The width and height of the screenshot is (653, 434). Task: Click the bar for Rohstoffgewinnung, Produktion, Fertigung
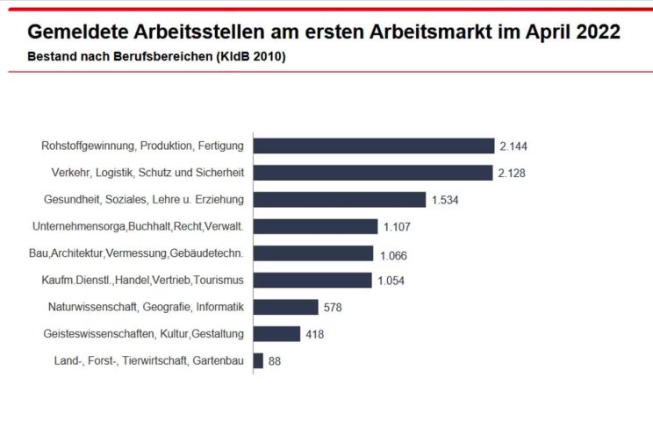[373, 146]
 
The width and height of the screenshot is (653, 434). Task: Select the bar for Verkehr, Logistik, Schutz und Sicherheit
[372, 173]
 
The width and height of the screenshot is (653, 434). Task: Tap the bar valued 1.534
[339, 200]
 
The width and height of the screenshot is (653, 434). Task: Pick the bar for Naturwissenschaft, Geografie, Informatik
[285, 307]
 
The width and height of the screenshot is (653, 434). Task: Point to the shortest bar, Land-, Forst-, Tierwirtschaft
[258, 360]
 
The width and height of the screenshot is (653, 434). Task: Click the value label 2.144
[513, 146]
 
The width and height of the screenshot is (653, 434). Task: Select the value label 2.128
[512, 173]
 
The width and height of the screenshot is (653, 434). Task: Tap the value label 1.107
[398, 227]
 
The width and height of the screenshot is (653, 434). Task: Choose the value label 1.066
[394, 254]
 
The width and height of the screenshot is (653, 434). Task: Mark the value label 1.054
[392, 281]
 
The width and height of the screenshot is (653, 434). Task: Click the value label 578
[332, 308]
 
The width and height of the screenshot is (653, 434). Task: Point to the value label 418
[314, 334]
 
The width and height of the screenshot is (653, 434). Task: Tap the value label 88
[275, 361]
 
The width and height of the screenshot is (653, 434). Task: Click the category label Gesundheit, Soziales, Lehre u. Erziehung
[144, 200]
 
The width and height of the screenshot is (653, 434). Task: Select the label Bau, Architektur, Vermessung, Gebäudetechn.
[137, 253]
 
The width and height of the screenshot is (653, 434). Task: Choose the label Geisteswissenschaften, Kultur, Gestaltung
[143, 334]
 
